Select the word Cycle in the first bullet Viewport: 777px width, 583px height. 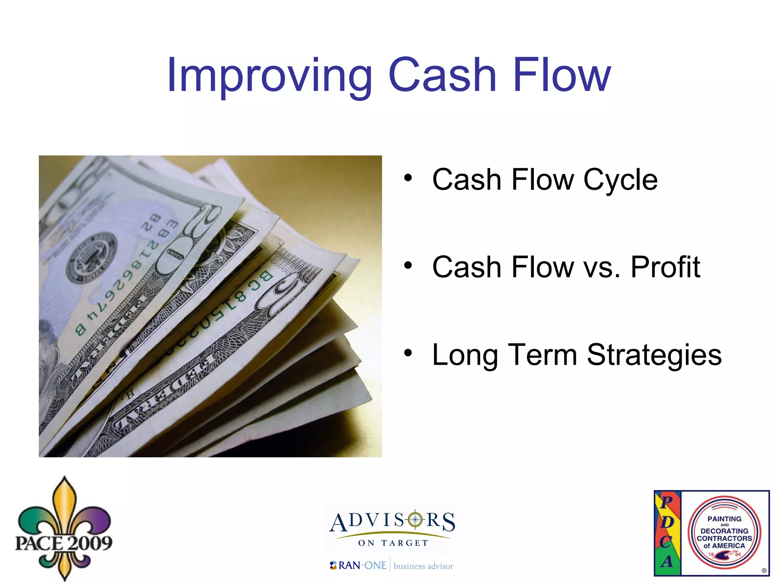(x=620, y=180)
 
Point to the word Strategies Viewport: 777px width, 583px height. (x=654, y=355)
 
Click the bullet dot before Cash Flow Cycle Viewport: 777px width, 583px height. (x=408, y=178)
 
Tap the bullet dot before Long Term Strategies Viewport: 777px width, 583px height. (x=408, y=353)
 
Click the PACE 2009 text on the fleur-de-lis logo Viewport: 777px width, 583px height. (x=64, y=543)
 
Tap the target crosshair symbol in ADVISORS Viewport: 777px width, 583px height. (x=415, y=520)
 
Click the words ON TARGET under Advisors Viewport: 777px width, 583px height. (x=393, y=543)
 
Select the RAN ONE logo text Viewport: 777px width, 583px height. (x=359, y=566)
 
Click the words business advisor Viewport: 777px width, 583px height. (x=423, y=566)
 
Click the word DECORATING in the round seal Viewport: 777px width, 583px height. (x=724, y=531)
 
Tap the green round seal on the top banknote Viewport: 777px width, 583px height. (x=91, y=258)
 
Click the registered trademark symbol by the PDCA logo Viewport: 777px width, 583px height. (x=764, y=570)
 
